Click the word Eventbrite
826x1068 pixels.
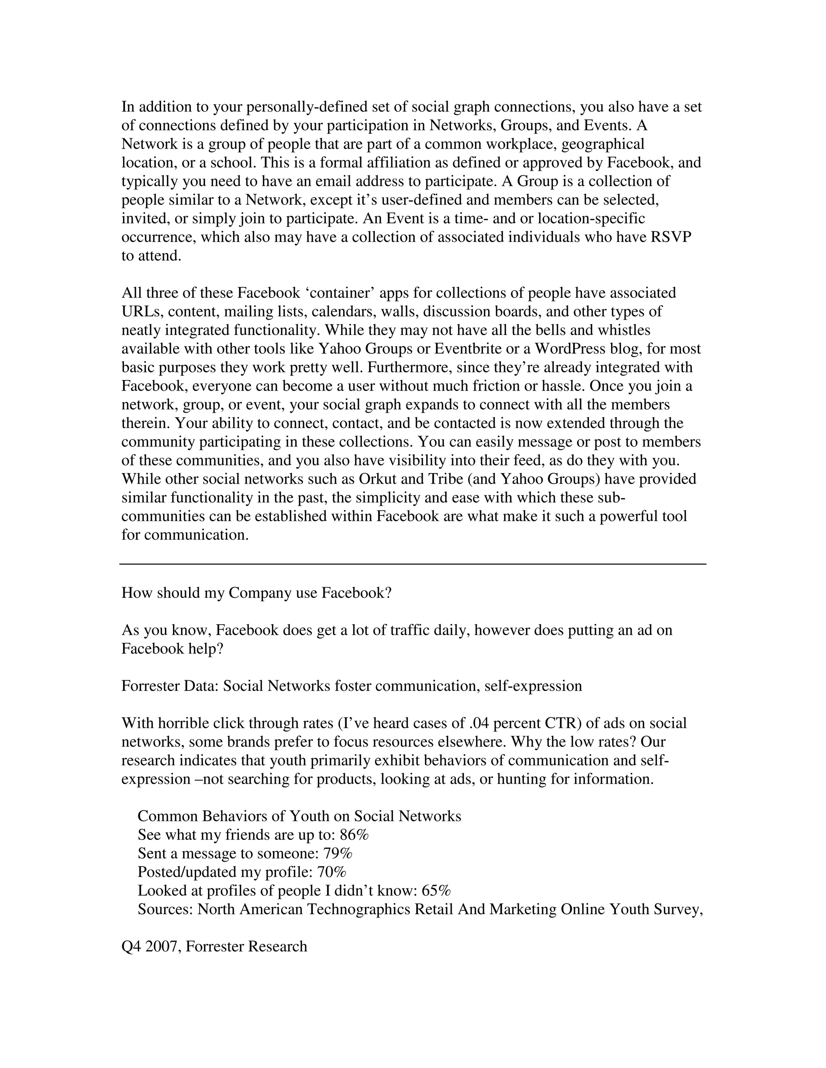click(x=470, y=349)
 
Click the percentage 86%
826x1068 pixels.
click(x=354, y=835)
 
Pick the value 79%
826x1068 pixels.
click(x=338, y=853)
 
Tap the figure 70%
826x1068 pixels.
click(x=332, y=872)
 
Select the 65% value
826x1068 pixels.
click(x=436, y=891)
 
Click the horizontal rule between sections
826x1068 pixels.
click(x=413, y=564)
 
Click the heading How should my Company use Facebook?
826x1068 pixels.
click(x=257, y=593)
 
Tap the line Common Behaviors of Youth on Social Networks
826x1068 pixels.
click(x=299, y=816)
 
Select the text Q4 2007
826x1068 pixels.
click(x=151, y=946)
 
